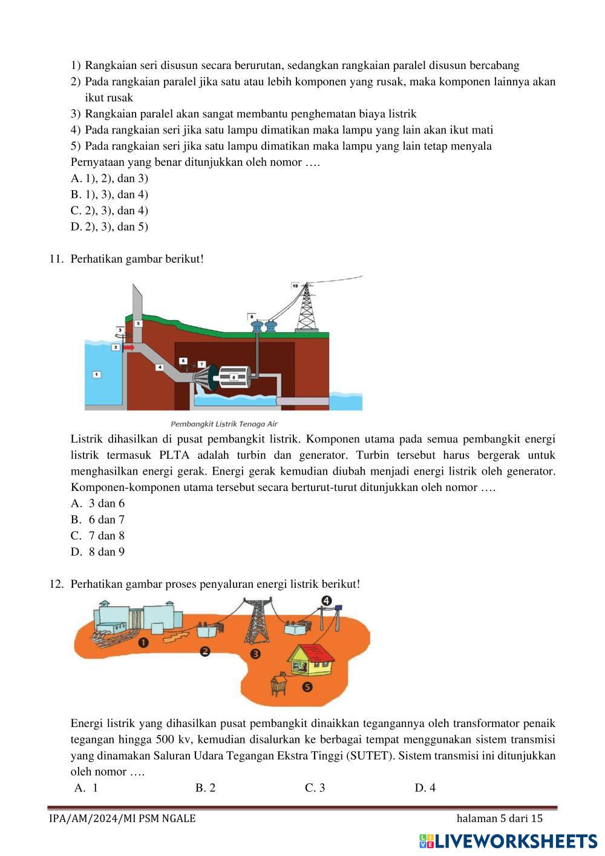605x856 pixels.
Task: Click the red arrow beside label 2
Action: click(x=128, y=347)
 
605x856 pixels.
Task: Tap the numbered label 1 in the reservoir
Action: click(x=97, y=375)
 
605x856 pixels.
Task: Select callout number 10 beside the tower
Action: click(x=295, y=285)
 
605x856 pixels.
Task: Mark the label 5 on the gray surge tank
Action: click(x=139, y=324)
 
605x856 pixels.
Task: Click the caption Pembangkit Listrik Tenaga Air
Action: click(x=224, y=424)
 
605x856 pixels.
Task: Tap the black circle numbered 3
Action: click(x=255, y=654)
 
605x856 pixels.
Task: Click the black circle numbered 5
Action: click(x=307, y=686)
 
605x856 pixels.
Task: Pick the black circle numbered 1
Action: click(x=143, y=643)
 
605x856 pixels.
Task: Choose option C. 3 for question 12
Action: click(x=315, y=788)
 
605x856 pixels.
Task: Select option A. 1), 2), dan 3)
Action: click(x=110, y=178)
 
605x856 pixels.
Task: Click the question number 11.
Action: click(x=56, y=259)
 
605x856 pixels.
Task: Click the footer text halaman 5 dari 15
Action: click(x=500, y=818)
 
